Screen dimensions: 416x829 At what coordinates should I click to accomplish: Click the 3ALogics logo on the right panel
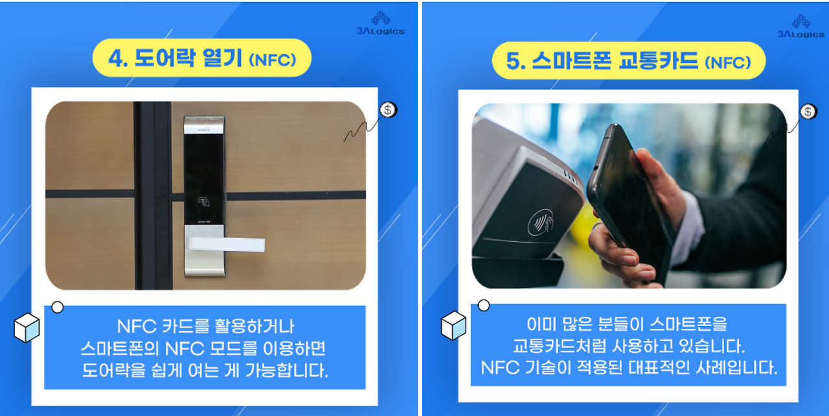(800, 26)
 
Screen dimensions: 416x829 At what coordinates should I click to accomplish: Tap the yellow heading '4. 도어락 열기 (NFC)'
(202, 60)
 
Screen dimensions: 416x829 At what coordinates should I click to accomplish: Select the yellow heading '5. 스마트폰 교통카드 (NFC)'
(628, 61)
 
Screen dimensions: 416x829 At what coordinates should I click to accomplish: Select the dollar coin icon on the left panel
(388, 109)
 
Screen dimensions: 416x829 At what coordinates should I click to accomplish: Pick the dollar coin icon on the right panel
(808, 111)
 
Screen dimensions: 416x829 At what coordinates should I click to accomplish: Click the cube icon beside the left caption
(27, 327)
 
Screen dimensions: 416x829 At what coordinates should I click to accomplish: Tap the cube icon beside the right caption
(453, 325)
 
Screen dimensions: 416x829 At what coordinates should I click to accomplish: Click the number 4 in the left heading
(117, 60)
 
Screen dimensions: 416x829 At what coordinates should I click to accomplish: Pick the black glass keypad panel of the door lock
(204, 175)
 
